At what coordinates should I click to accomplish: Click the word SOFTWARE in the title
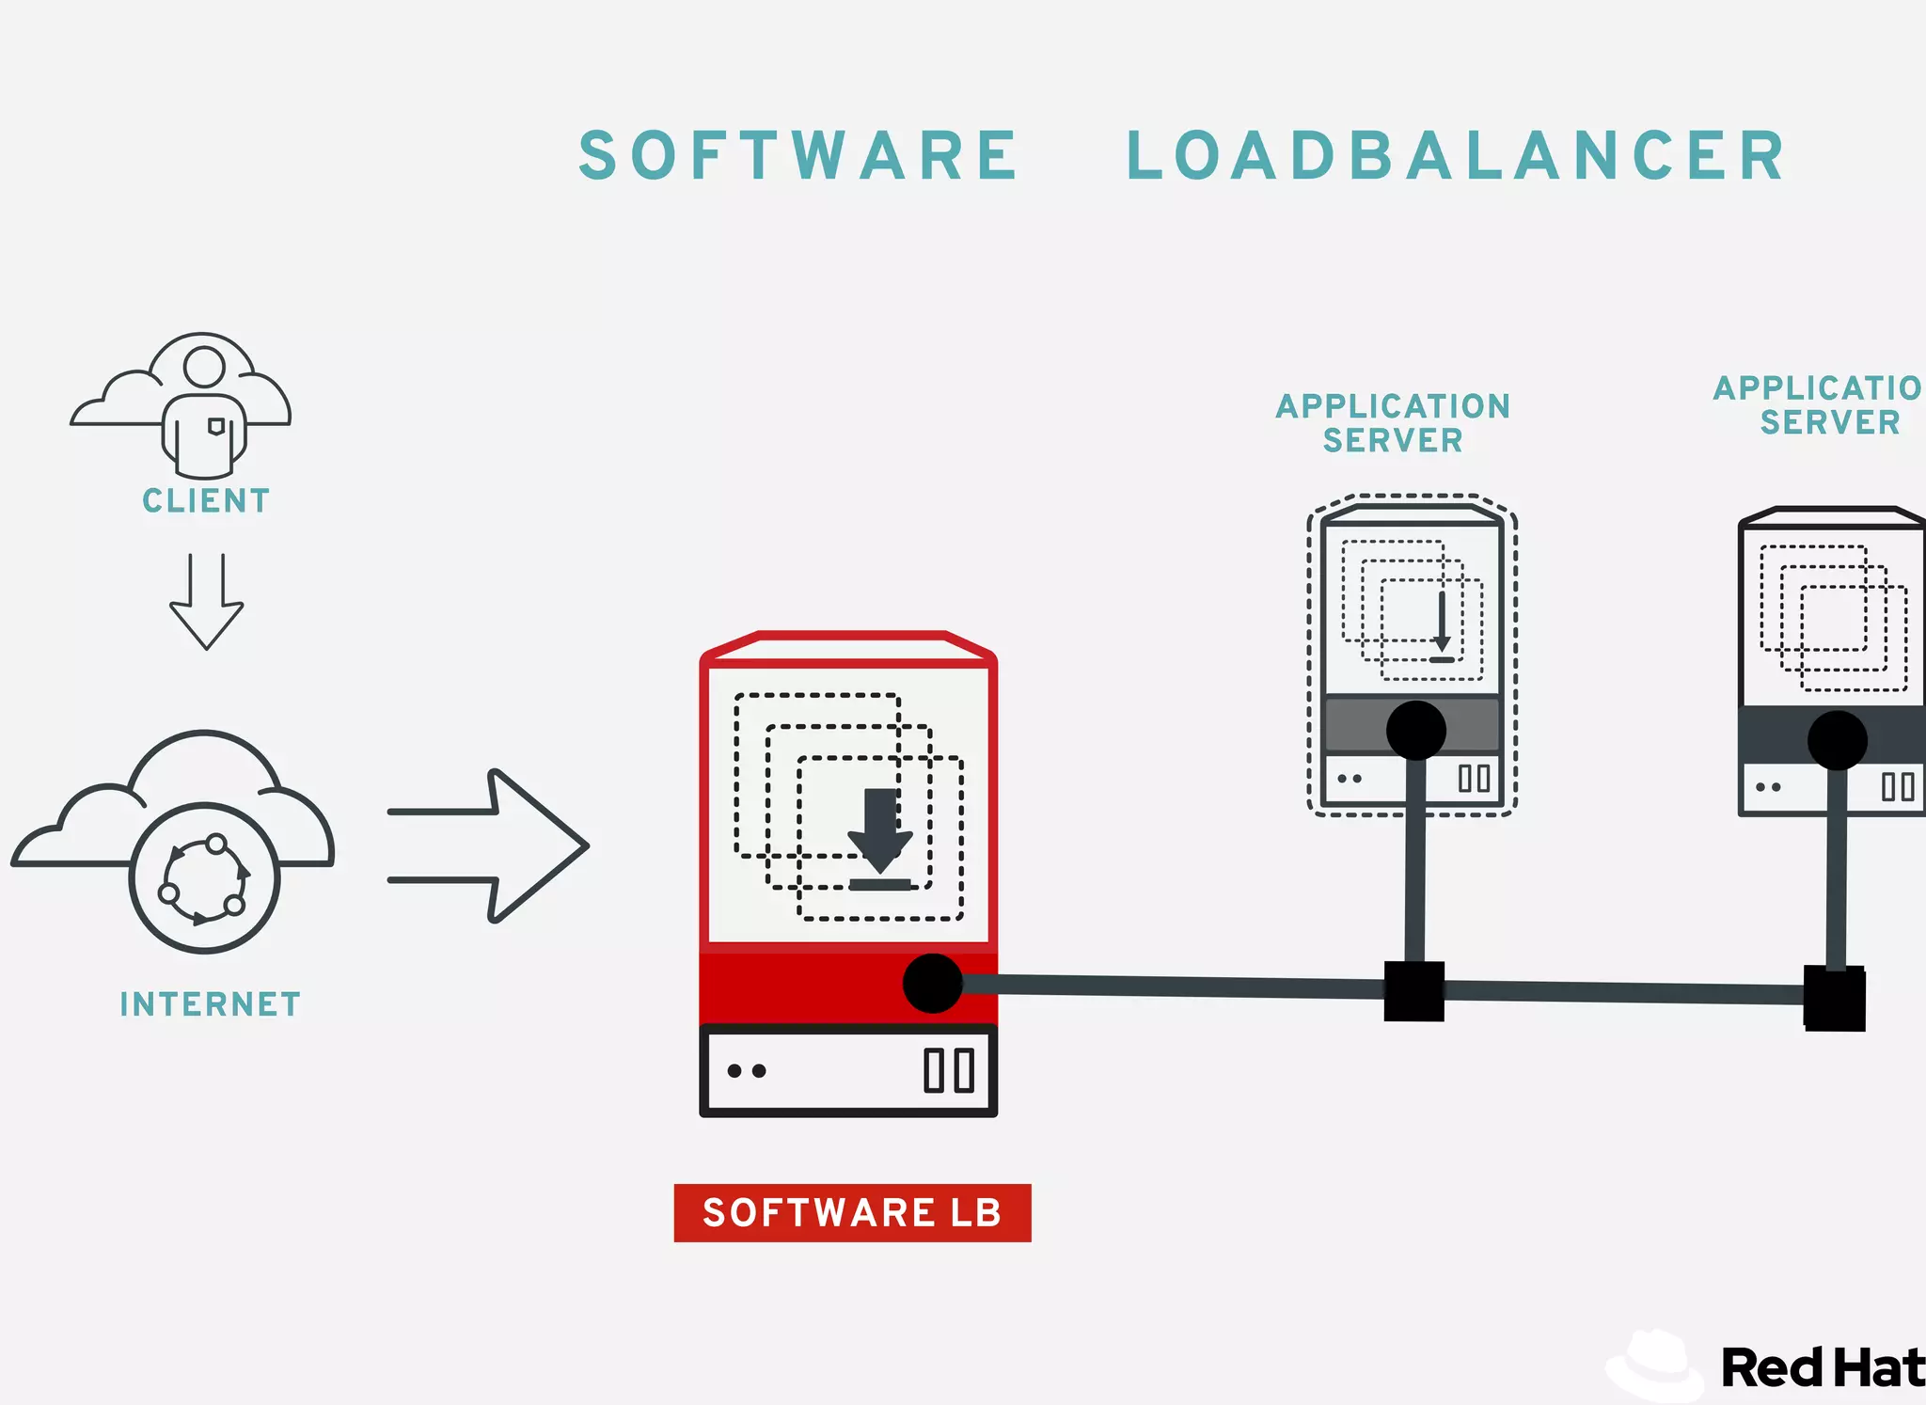pos(798,156)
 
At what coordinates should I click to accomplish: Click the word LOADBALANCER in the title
pos(1456,156)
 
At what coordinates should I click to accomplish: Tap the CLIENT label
pos(206,500)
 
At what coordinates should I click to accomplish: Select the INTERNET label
pos(210,1004)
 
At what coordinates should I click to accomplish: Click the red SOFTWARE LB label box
pos(852,1213)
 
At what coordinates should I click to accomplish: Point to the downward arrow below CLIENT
pos(207,602)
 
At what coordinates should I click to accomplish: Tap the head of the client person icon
pos(204,367)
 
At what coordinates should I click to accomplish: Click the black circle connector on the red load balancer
pos(932,984)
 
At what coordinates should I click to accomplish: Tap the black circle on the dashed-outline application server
pos(1415,730)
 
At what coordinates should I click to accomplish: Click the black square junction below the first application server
pos(1413,991)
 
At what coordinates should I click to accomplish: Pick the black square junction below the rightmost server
pos(1834,999)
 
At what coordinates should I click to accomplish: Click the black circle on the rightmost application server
pos(1837,740)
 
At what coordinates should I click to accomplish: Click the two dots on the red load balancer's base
pos(747,1071)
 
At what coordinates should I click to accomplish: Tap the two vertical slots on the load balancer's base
pos(948,1070)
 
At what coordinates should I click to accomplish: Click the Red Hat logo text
pos(1821,1368)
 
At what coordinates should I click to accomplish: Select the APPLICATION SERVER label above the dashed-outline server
pos(1393,423)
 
